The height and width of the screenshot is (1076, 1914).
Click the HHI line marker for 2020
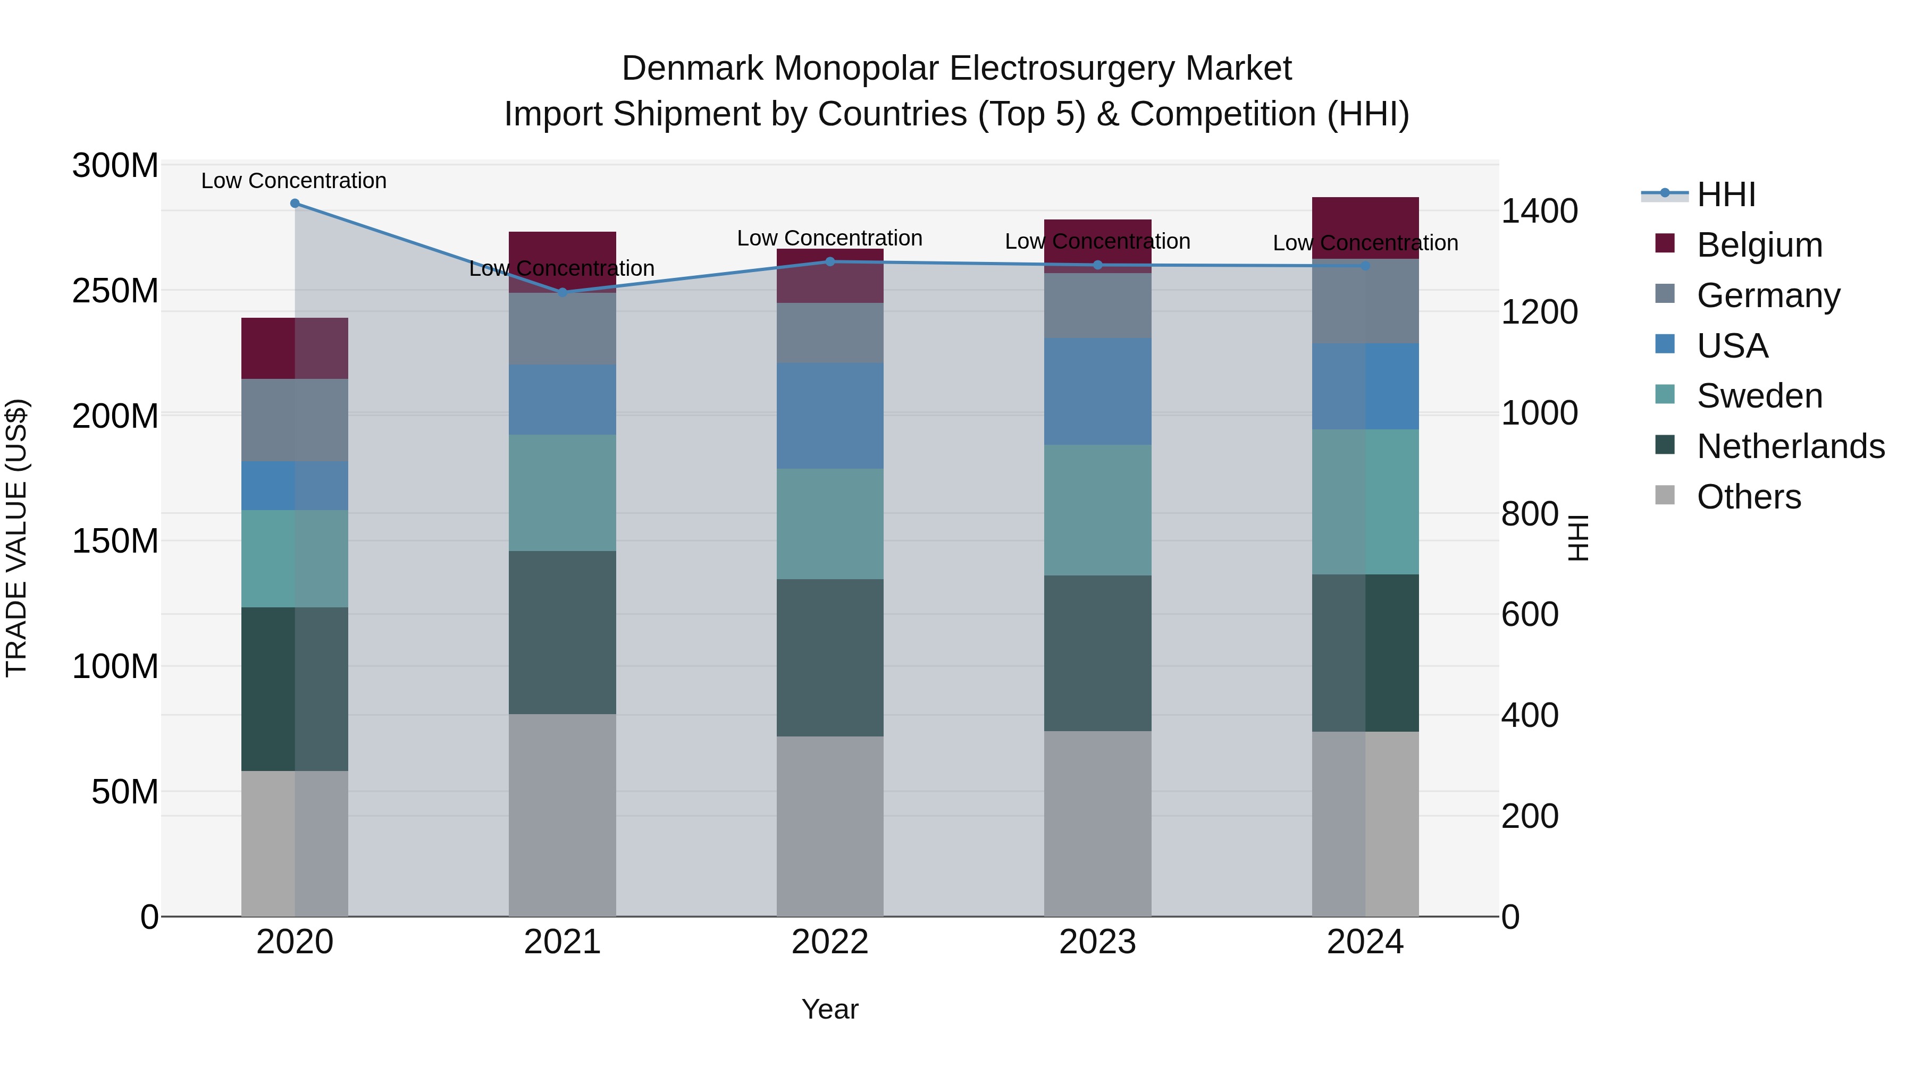[x=295, y=203]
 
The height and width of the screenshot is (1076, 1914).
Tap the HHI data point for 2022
[x=830, y=261]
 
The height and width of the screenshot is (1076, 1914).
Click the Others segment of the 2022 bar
[x=830, y=826]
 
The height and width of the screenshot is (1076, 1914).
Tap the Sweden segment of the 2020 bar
[x=295, y=558]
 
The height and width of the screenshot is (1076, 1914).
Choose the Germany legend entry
[x=1768, y=295]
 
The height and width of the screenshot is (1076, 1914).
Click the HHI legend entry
[x=1726, y=194]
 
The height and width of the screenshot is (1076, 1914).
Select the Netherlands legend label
[x=1790, y=446]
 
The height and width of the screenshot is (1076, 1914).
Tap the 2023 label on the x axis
[x=1097, y=942]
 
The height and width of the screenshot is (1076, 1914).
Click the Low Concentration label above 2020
[x=293, y=181]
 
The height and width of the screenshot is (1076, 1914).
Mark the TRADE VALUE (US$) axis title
[x=16, y=538]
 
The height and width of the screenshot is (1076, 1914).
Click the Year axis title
[x=830, y=1009]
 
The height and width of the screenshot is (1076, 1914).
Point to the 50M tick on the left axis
[x=125, y=792]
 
